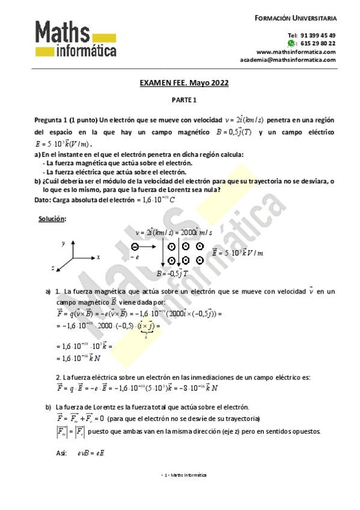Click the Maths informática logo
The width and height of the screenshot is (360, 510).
pos(76,39)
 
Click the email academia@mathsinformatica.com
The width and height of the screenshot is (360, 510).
pos(287,60)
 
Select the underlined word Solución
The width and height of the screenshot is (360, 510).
pos(52,219)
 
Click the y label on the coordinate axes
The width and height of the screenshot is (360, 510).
pos(63,243)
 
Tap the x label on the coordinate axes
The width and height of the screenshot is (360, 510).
pos(97,257)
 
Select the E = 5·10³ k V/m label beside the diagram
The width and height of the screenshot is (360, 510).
pos(237,253)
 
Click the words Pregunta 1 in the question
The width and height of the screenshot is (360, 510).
pos(52,120)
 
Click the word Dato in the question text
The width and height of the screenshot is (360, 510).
pos(42,199)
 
